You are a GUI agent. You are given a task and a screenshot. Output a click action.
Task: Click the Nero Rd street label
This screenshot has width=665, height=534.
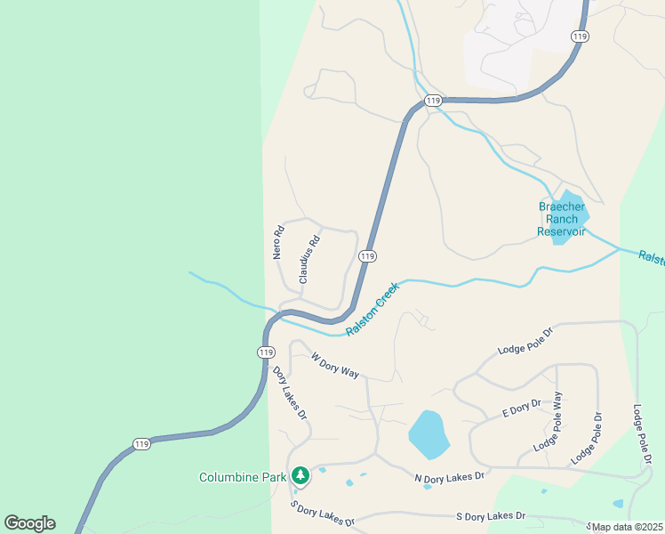click(x=278, y=242)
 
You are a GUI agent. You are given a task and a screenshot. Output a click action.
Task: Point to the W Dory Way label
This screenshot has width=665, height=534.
click(x=335, y=365)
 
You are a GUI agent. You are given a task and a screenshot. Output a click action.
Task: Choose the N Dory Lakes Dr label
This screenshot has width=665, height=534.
click(x=449, y=476)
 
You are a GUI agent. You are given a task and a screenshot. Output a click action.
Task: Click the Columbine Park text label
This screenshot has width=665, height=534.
click(x=243, y=477)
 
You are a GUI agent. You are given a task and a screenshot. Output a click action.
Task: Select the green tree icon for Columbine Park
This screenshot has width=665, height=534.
click(x=300, y=476)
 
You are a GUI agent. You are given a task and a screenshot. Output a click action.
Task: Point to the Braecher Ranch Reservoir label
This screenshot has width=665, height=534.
click(x=562, y=219)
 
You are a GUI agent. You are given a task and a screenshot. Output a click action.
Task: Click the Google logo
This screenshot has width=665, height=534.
click(x=29, y=522)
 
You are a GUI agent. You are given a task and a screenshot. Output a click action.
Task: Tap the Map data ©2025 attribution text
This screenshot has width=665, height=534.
click(x=628, y=527)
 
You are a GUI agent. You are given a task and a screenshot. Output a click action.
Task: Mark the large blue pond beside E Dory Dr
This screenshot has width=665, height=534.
click(x=428, y=434)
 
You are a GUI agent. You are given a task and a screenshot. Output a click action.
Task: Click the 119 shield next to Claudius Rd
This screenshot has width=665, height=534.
click(x=366, y=256)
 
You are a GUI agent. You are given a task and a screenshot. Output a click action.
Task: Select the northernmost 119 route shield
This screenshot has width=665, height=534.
click(x=580, y=36)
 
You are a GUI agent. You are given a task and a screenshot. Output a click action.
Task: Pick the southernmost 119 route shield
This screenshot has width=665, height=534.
click(x=141, y=444)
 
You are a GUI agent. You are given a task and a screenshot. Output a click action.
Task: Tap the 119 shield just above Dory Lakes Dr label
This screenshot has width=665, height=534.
click(x=266, y=352)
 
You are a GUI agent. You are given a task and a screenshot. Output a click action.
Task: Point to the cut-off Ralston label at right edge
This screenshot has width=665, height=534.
click(x=652, y=257)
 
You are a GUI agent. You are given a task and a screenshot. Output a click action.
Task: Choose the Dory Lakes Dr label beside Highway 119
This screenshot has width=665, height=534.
click(x=290, y=392)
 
